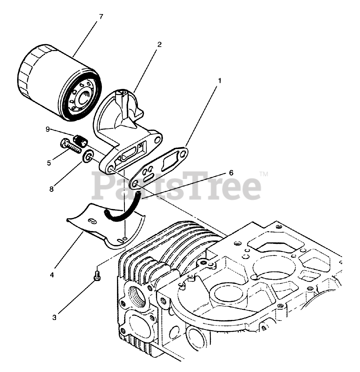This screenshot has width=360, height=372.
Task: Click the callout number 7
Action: point(100,17)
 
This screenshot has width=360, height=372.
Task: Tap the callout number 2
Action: point(159,44)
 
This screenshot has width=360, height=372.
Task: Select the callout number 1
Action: point(219,81)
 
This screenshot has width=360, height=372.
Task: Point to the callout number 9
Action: point(48,129)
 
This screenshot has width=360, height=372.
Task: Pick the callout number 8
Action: point(51,189)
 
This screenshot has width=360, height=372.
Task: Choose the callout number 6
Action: point(231,173)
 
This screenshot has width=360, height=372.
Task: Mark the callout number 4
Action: point(52,274)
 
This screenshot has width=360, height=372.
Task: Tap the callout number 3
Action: point(55,318)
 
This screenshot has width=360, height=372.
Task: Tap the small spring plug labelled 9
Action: point(80,140)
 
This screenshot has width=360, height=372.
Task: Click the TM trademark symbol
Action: point(264,174)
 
